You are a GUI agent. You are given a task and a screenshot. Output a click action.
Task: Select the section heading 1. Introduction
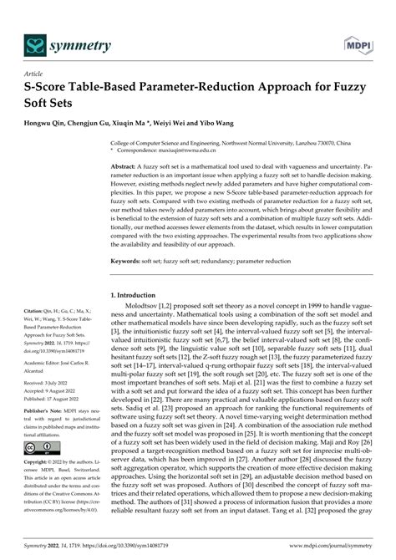click(140, 297)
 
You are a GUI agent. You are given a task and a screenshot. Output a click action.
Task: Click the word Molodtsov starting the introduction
click(145, 309)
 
